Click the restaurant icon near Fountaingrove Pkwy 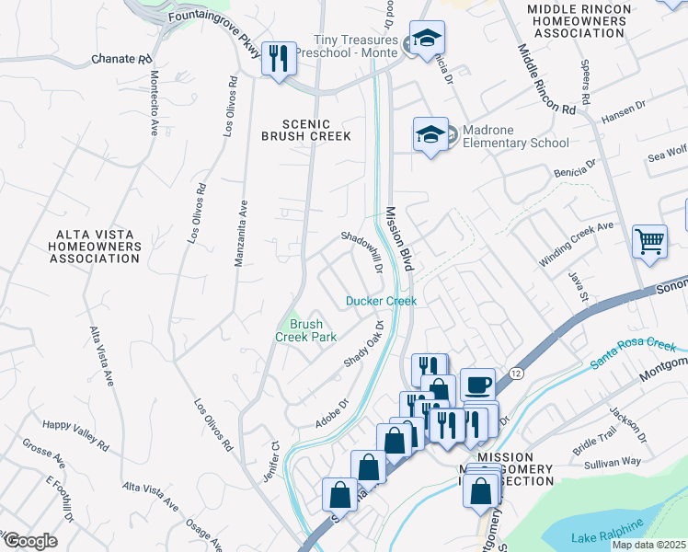pyautogui.click(x=277, y=60)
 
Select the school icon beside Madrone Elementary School pyautogui.click(x=430, y=135)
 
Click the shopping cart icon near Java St pyautogui.click(x=649, y=242)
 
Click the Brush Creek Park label pyautogui.click(x=305, y=330)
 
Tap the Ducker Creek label pyautogui.click(x=381, y=301)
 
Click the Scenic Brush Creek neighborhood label pyautogui.click(x=305, y=130)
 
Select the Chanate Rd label pyautogui.click(x=121, y=59)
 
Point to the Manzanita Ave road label pyautogui.click(x=241, y=235)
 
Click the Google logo pyautogui.click(x=30, y=540)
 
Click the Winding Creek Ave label pyautogui.click(x=576, y=244)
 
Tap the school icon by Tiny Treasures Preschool pyautogui.click(x=427, y=40)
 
